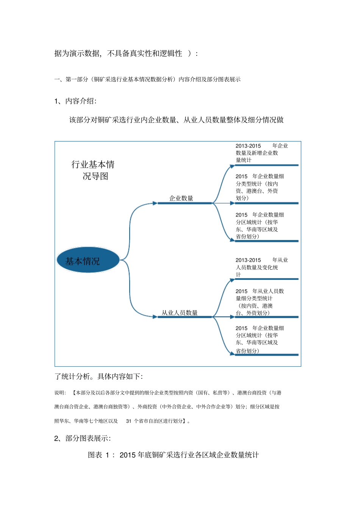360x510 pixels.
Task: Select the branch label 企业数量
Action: [x=181, y=198]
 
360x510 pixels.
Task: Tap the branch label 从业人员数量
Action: [x=180, y=313]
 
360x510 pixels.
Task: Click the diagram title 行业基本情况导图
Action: [x=93, y=170]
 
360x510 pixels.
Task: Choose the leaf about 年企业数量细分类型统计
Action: [x=259, y=187]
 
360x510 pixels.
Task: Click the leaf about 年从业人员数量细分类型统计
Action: [x=259, y=302]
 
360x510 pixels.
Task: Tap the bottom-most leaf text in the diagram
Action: [x=259, y=339]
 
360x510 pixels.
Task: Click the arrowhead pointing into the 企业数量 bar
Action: [x=155, y=203]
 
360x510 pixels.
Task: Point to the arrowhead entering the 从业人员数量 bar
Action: [x=155, y=317]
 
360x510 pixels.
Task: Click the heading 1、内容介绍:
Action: [x=75, y=101]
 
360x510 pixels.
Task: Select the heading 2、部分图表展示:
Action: [x=83, y=438]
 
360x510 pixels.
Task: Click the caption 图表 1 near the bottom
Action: [x=100, y=455]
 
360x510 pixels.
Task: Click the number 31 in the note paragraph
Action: [x=129, y=421]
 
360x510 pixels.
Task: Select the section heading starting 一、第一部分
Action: [x=147, y=79]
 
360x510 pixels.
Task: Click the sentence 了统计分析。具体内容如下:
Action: [x=99, y=376]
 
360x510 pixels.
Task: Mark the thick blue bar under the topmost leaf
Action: [x=267, y=165]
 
